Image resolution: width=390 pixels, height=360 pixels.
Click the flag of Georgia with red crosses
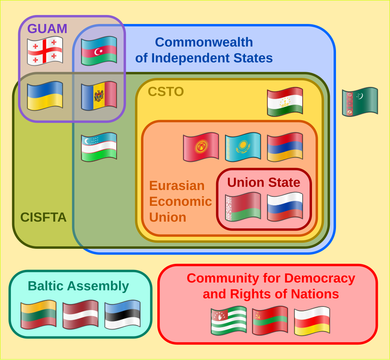click(45, 51)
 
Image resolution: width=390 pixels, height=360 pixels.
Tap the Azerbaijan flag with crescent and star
click(99, 51)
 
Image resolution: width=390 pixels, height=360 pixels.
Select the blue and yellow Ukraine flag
click(45, 96)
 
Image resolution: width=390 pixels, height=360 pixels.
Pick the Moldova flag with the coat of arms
click(99, 96)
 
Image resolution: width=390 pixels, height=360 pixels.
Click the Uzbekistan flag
click(99, 147)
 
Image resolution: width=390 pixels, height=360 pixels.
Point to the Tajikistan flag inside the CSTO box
click(285, 101)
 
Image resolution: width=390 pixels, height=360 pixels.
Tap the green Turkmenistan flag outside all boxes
click(360, 101)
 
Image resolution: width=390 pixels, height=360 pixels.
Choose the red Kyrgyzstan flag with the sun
click(201, 147)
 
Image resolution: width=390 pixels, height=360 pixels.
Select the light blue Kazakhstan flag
click(243, 147)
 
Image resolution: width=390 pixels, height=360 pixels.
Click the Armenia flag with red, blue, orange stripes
click(285, 147)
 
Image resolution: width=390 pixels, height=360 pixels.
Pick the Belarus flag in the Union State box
click(243, 207)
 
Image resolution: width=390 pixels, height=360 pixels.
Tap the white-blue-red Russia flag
click(285, 207)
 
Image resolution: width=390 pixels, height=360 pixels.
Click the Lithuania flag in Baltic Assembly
click(38, 314)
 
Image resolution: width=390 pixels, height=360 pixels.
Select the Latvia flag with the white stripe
click(80, 314)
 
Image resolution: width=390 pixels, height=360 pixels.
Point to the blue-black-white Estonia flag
click(122, 314)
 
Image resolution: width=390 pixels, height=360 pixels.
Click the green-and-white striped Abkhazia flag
click(228, 320)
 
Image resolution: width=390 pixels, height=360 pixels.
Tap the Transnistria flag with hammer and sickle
click(270, 320)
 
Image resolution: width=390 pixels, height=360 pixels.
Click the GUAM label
click(47, 28)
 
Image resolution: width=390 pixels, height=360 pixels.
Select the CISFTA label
click(43, 217)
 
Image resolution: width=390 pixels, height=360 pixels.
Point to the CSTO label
click(166, 92)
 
